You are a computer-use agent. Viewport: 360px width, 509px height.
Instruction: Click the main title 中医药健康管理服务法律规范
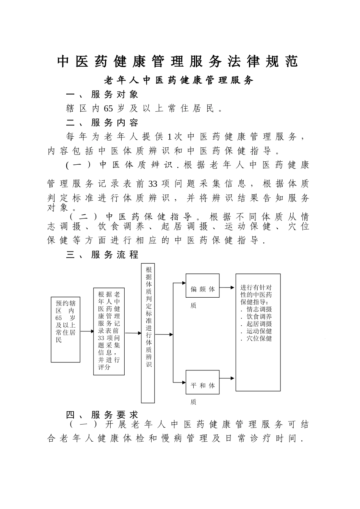(178, 62)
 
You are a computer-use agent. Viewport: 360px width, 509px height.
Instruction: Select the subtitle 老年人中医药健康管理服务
(178, 81)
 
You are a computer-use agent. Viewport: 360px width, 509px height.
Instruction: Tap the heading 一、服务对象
(102, 95)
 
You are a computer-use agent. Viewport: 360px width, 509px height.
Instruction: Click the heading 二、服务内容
(102, 123)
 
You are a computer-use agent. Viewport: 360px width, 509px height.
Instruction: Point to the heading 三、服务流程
(102, 254)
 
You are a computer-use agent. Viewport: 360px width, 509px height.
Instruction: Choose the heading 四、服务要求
(102, 415)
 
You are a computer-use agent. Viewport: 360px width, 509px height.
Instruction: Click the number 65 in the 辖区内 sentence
(108, 109)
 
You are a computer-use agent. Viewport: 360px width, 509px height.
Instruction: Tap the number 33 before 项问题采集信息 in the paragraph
(153, 184)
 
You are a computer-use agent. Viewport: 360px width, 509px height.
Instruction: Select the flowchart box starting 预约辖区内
(66, 329)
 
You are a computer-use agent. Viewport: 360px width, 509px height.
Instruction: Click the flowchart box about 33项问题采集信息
(109, 331)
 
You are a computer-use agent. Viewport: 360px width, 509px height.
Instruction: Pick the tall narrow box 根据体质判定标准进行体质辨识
(148, 333)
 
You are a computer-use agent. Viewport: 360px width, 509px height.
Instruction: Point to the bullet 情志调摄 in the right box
(259, 309)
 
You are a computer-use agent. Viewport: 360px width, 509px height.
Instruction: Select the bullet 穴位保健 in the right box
(259, 339)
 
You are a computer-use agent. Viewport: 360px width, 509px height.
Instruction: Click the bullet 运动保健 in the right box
(259, 331)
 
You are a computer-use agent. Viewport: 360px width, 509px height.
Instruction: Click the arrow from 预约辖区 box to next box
(87, 331)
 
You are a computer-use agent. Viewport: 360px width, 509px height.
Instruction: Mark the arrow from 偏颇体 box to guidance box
(227, 287)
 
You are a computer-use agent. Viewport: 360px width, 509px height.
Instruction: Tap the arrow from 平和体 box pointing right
(227, 378)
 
